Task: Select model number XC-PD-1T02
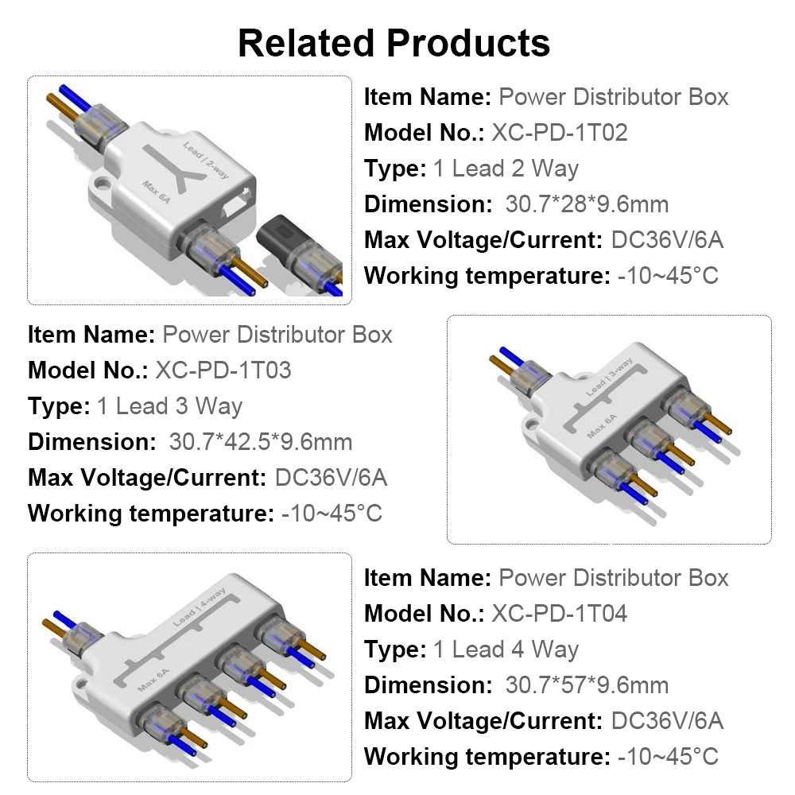560,133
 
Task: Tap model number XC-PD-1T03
223,370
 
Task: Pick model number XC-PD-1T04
560,613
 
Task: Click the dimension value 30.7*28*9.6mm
587,204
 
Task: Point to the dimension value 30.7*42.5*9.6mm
260,441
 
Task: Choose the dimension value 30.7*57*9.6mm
587,684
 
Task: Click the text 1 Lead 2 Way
506,169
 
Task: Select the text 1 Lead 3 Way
169,405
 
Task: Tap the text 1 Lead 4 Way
506,649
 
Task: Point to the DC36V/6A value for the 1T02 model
667,240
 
